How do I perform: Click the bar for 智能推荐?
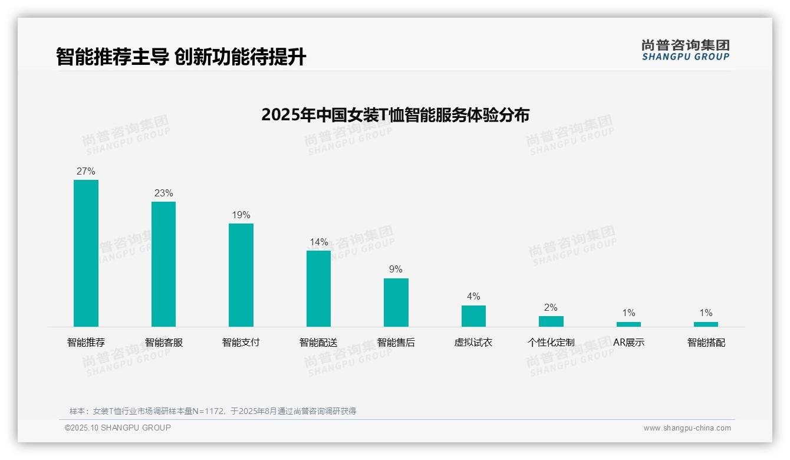86,253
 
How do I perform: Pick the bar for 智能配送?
318,288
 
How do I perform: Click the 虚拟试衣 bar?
473,316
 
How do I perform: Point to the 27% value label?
86,172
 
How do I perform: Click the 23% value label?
163,193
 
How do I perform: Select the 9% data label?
396,270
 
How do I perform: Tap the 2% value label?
551,308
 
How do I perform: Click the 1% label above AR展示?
628,313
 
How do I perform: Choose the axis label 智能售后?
396,343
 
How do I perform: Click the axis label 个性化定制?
551,343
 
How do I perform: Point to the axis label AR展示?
628,343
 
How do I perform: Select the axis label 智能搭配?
706,343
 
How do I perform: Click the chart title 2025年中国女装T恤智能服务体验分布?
395,115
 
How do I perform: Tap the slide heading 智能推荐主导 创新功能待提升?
181,57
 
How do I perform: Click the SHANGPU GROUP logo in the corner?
685,50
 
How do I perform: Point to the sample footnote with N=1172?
213,411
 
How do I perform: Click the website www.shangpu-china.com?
687,428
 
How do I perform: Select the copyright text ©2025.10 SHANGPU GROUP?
118,428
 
